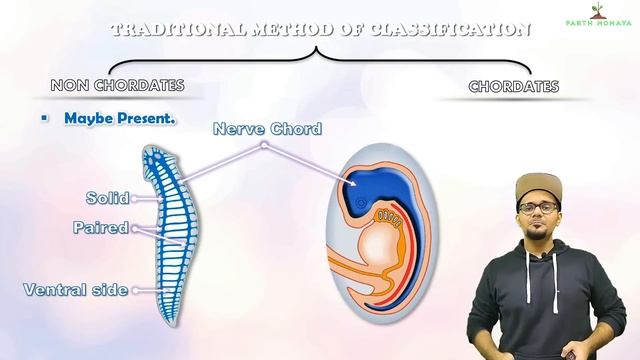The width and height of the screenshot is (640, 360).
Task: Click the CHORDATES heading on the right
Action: click(514, 87)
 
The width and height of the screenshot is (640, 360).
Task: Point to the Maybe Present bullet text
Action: click(120, 118)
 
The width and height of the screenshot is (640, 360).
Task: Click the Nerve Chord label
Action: click(267, 128)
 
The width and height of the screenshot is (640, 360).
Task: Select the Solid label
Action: click(108, 198)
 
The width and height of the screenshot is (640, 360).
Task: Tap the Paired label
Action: click(101, 228)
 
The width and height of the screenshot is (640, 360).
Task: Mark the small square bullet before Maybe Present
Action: click(44, 118)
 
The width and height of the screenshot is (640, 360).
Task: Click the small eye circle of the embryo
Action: click(361, 208)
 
